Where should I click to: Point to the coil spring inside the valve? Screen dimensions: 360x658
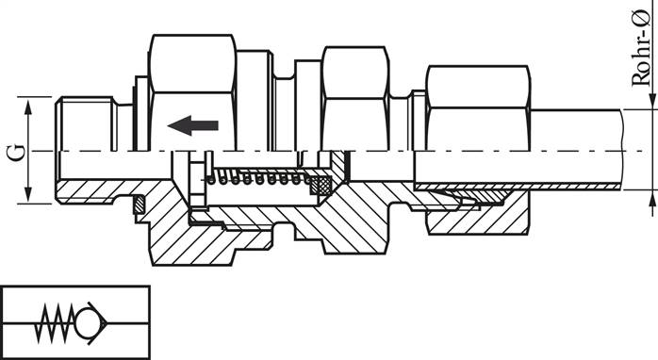click(260, 177)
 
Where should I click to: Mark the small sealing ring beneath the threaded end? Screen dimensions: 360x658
click(138, 203)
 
